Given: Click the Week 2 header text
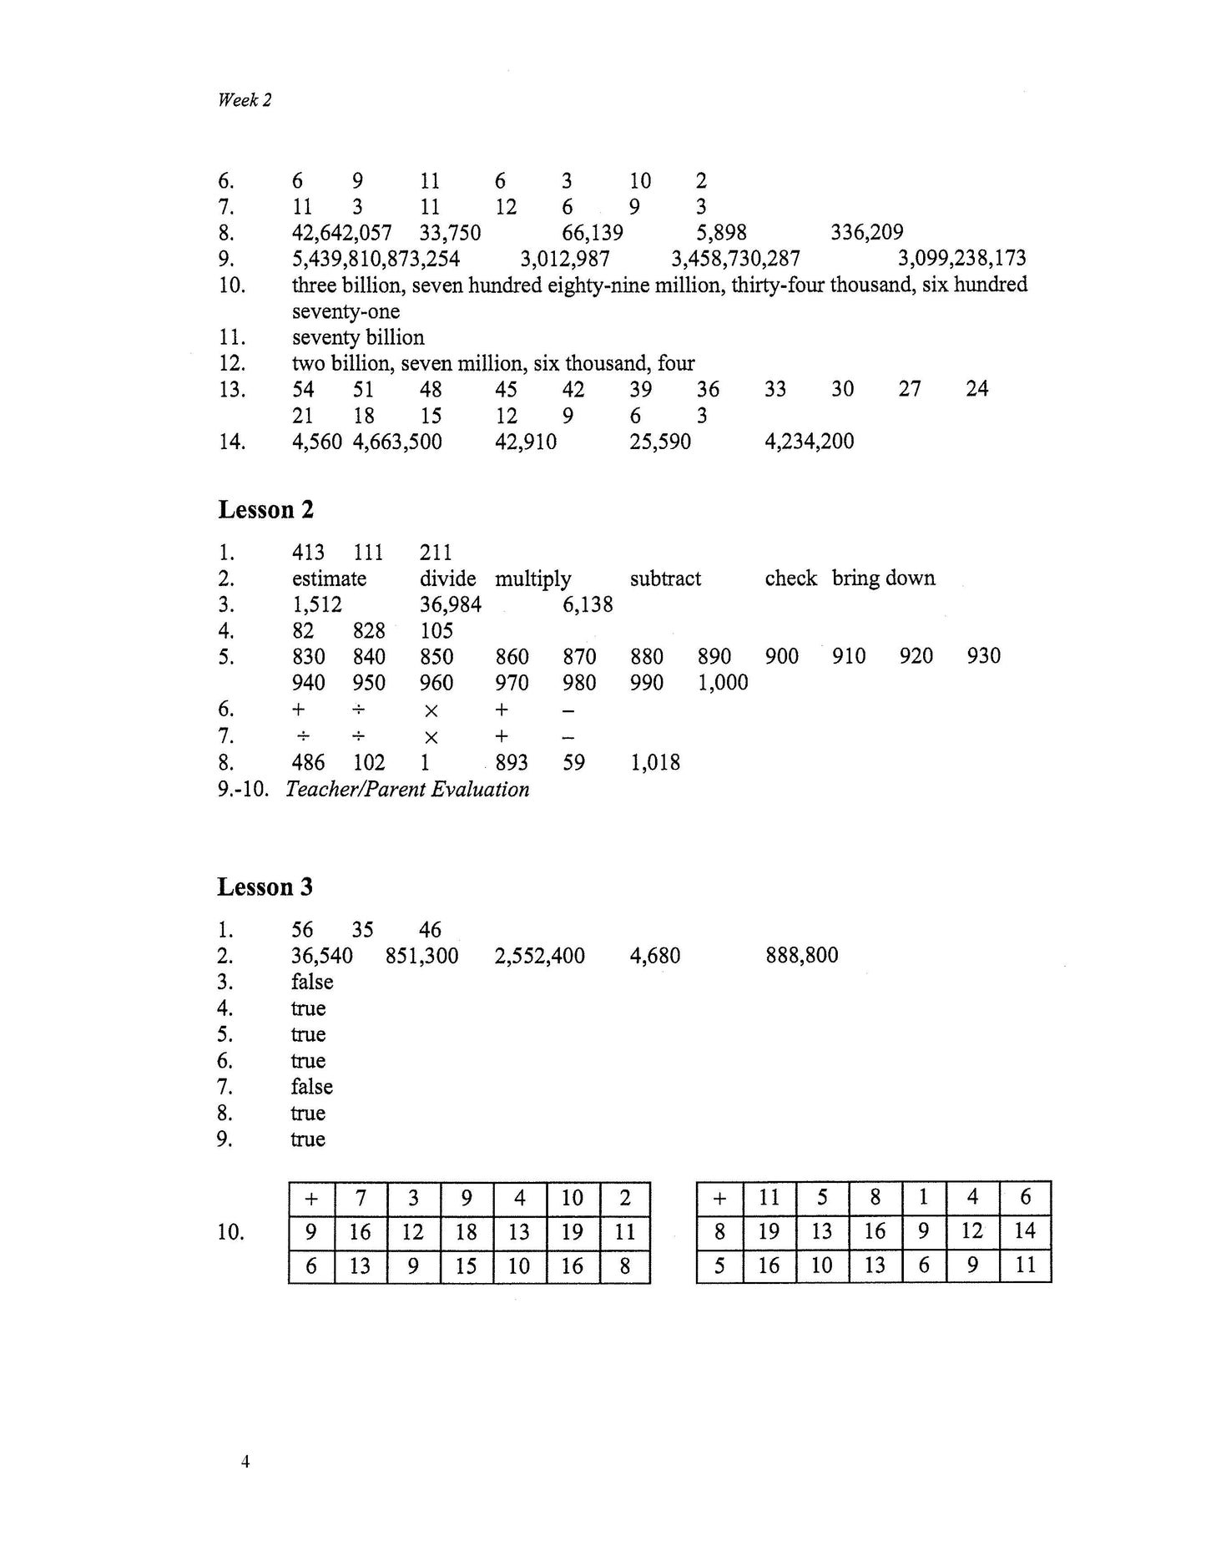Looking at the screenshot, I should pyautogui.click(x=245, y=100).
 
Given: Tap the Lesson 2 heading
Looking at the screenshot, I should pyautogui.click(x=265, y=509).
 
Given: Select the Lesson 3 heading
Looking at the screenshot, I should pyautogui.click(x=265, y=887).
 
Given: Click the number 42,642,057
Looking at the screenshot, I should pyautogui.click(x=341, y=233).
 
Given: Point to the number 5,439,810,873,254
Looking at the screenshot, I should pyautogui.click(x=376, y=259).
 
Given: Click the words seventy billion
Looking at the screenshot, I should pyautogui.click(x=358, y=337).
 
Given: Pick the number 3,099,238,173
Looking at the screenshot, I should pyautogui.click(x=961, y=259).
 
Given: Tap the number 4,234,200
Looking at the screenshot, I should pyautogui.click(x=809, y=442).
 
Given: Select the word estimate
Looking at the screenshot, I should pyautogui.click(x=329, y=578).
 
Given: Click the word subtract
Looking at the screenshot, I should pyautogui.click(x=665, y=578).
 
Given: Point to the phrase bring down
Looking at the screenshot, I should pyautogui.click(x=883, y=578).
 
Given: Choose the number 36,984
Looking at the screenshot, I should pyautogui.click(x=451, y=604).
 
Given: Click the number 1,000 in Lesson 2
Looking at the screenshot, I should pyautogui.click(x=723, y=683).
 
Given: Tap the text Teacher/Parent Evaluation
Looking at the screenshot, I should pyautogui.click(x=407, y=790).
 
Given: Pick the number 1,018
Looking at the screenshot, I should pyautogui.click(x=655, y=762).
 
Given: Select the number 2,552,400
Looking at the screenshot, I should pyautogui.click(x=539, y=956).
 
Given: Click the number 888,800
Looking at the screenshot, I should pyautogui.click(x=801, y=956).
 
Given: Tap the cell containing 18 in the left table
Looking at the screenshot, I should pyautogui.click(x=467, y=1232).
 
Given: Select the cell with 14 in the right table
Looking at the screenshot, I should pyautogui.click(x=1025, y=1231).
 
